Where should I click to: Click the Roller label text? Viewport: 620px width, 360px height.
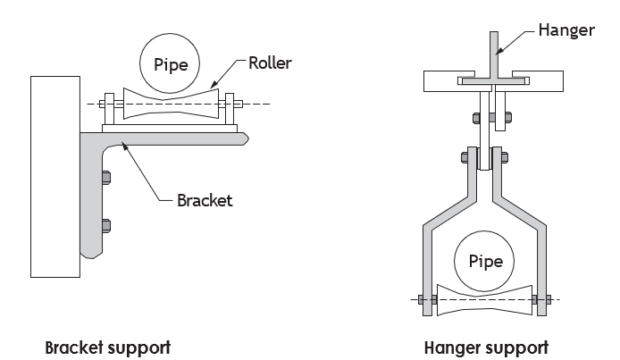270,63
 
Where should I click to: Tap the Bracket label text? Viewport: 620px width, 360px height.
205,200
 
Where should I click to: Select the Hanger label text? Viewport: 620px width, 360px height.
566,30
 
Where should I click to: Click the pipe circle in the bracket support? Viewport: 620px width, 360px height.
170,63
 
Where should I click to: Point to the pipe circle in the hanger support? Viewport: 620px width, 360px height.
484,261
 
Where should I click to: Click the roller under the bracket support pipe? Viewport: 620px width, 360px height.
171,104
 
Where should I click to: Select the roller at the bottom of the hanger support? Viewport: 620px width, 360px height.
484,300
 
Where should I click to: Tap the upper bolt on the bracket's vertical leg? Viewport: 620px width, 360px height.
106,178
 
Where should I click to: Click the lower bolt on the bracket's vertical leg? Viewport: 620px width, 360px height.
106,226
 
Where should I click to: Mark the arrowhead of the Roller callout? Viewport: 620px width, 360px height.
214,85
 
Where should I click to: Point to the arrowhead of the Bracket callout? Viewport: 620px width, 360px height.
124,147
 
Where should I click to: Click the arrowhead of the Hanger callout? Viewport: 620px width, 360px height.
499,51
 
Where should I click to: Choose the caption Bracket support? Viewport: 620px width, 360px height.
107,347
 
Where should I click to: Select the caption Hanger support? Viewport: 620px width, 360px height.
486,348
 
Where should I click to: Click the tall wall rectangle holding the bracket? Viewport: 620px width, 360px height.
55,177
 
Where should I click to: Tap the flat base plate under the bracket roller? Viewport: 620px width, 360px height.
170,129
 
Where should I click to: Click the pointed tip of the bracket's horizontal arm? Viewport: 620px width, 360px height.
248,138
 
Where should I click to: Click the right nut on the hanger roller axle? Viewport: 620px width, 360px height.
549,299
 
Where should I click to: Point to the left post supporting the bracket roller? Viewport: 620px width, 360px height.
110,109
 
